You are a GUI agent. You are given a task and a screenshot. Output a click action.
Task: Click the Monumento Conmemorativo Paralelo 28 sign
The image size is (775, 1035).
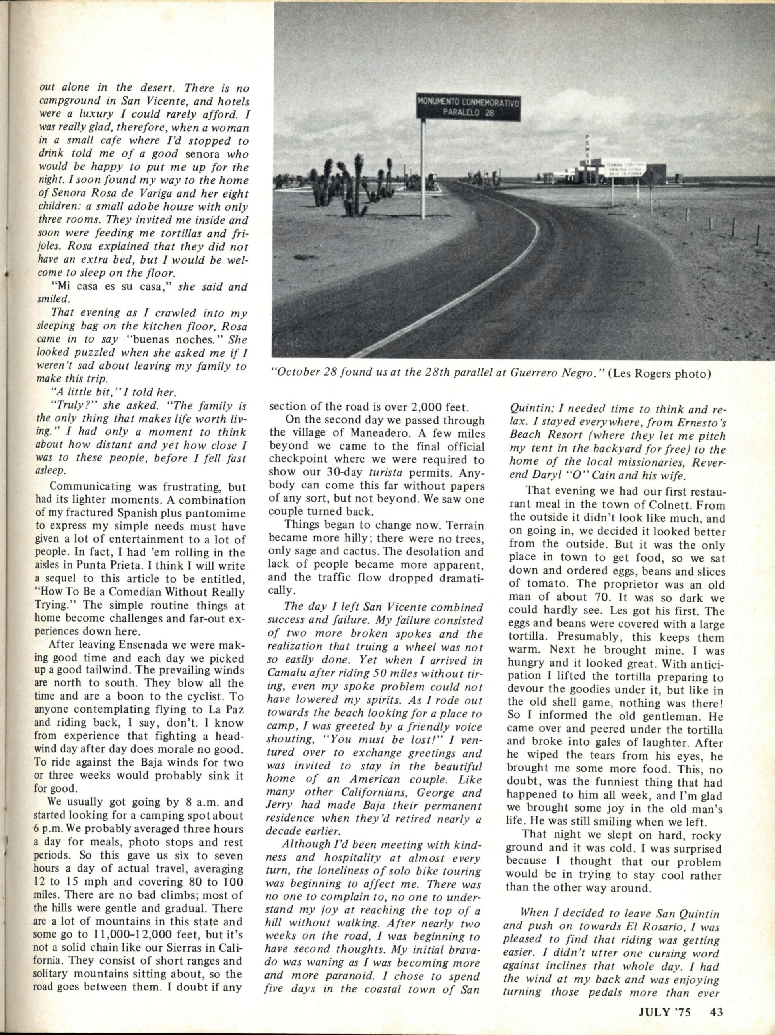point(468,107)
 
